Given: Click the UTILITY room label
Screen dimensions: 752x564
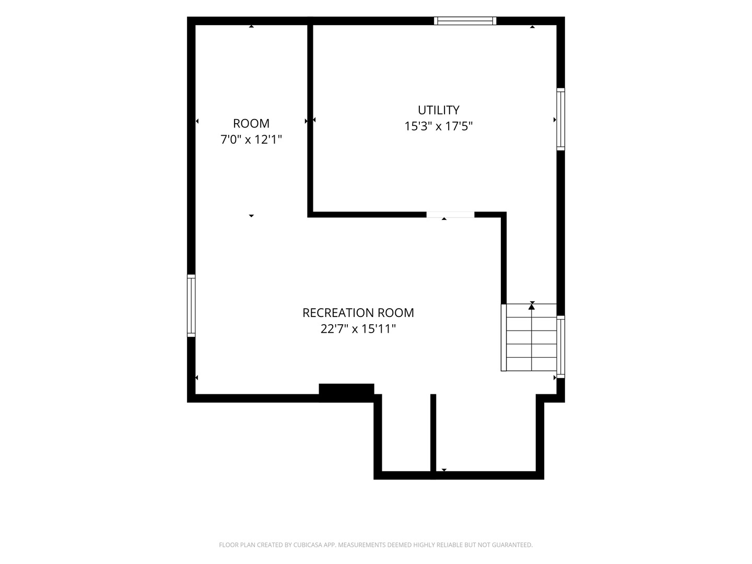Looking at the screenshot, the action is [x=438, y=110].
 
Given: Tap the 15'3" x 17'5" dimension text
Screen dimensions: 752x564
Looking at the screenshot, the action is [x=438, y=126].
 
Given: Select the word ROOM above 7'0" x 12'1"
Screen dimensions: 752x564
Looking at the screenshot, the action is [x=251, y=123].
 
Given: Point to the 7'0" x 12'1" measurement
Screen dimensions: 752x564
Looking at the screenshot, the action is [x=251, y=139].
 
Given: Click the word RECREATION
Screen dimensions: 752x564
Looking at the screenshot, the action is [x=338, y=313].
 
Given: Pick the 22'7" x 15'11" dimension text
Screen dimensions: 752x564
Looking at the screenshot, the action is [x=358, y=329].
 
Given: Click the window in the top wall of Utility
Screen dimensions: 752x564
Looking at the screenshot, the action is [x=465, y=21].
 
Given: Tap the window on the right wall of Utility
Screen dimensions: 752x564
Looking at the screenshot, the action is [x=560, y=119].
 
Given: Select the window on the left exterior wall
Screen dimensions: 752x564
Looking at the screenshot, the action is [x=191, y=305].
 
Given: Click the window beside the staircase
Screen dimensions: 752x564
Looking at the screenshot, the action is [x=560, y=347].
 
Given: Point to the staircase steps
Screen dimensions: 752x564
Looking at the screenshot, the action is [x=528, y=337].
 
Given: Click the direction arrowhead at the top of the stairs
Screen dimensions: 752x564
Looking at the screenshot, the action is [x=532, y=307].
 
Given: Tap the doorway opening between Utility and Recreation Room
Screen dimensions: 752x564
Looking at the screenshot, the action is [x=450, y=215].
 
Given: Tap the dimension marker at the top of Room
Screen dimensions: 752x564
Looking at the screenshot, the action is [x=251, y=26].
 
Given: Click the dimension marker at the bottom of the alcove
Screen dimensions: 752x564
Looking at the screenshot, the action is [x=444, y=470].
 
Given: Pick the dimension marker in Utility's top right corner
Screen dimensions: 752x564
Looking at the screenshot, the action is [x=532, y=27].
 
